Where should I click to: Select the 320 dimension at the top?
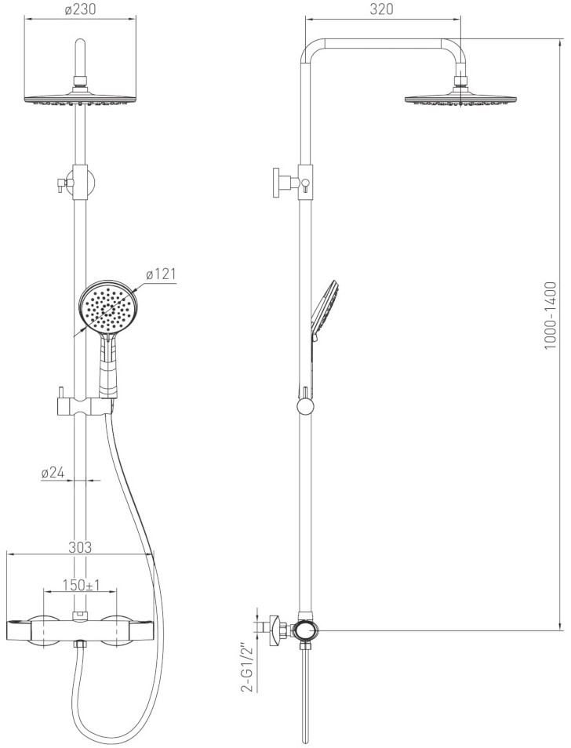(x=382, y=9)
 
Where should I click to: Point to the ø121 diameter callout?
(x=161, y=274)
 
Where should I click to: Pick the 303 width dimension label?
(x=79, y=546)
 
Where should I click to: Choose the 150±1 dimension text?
(x=81, y=585)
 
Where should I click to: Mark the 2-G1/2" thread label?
(x=246, y=668)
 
